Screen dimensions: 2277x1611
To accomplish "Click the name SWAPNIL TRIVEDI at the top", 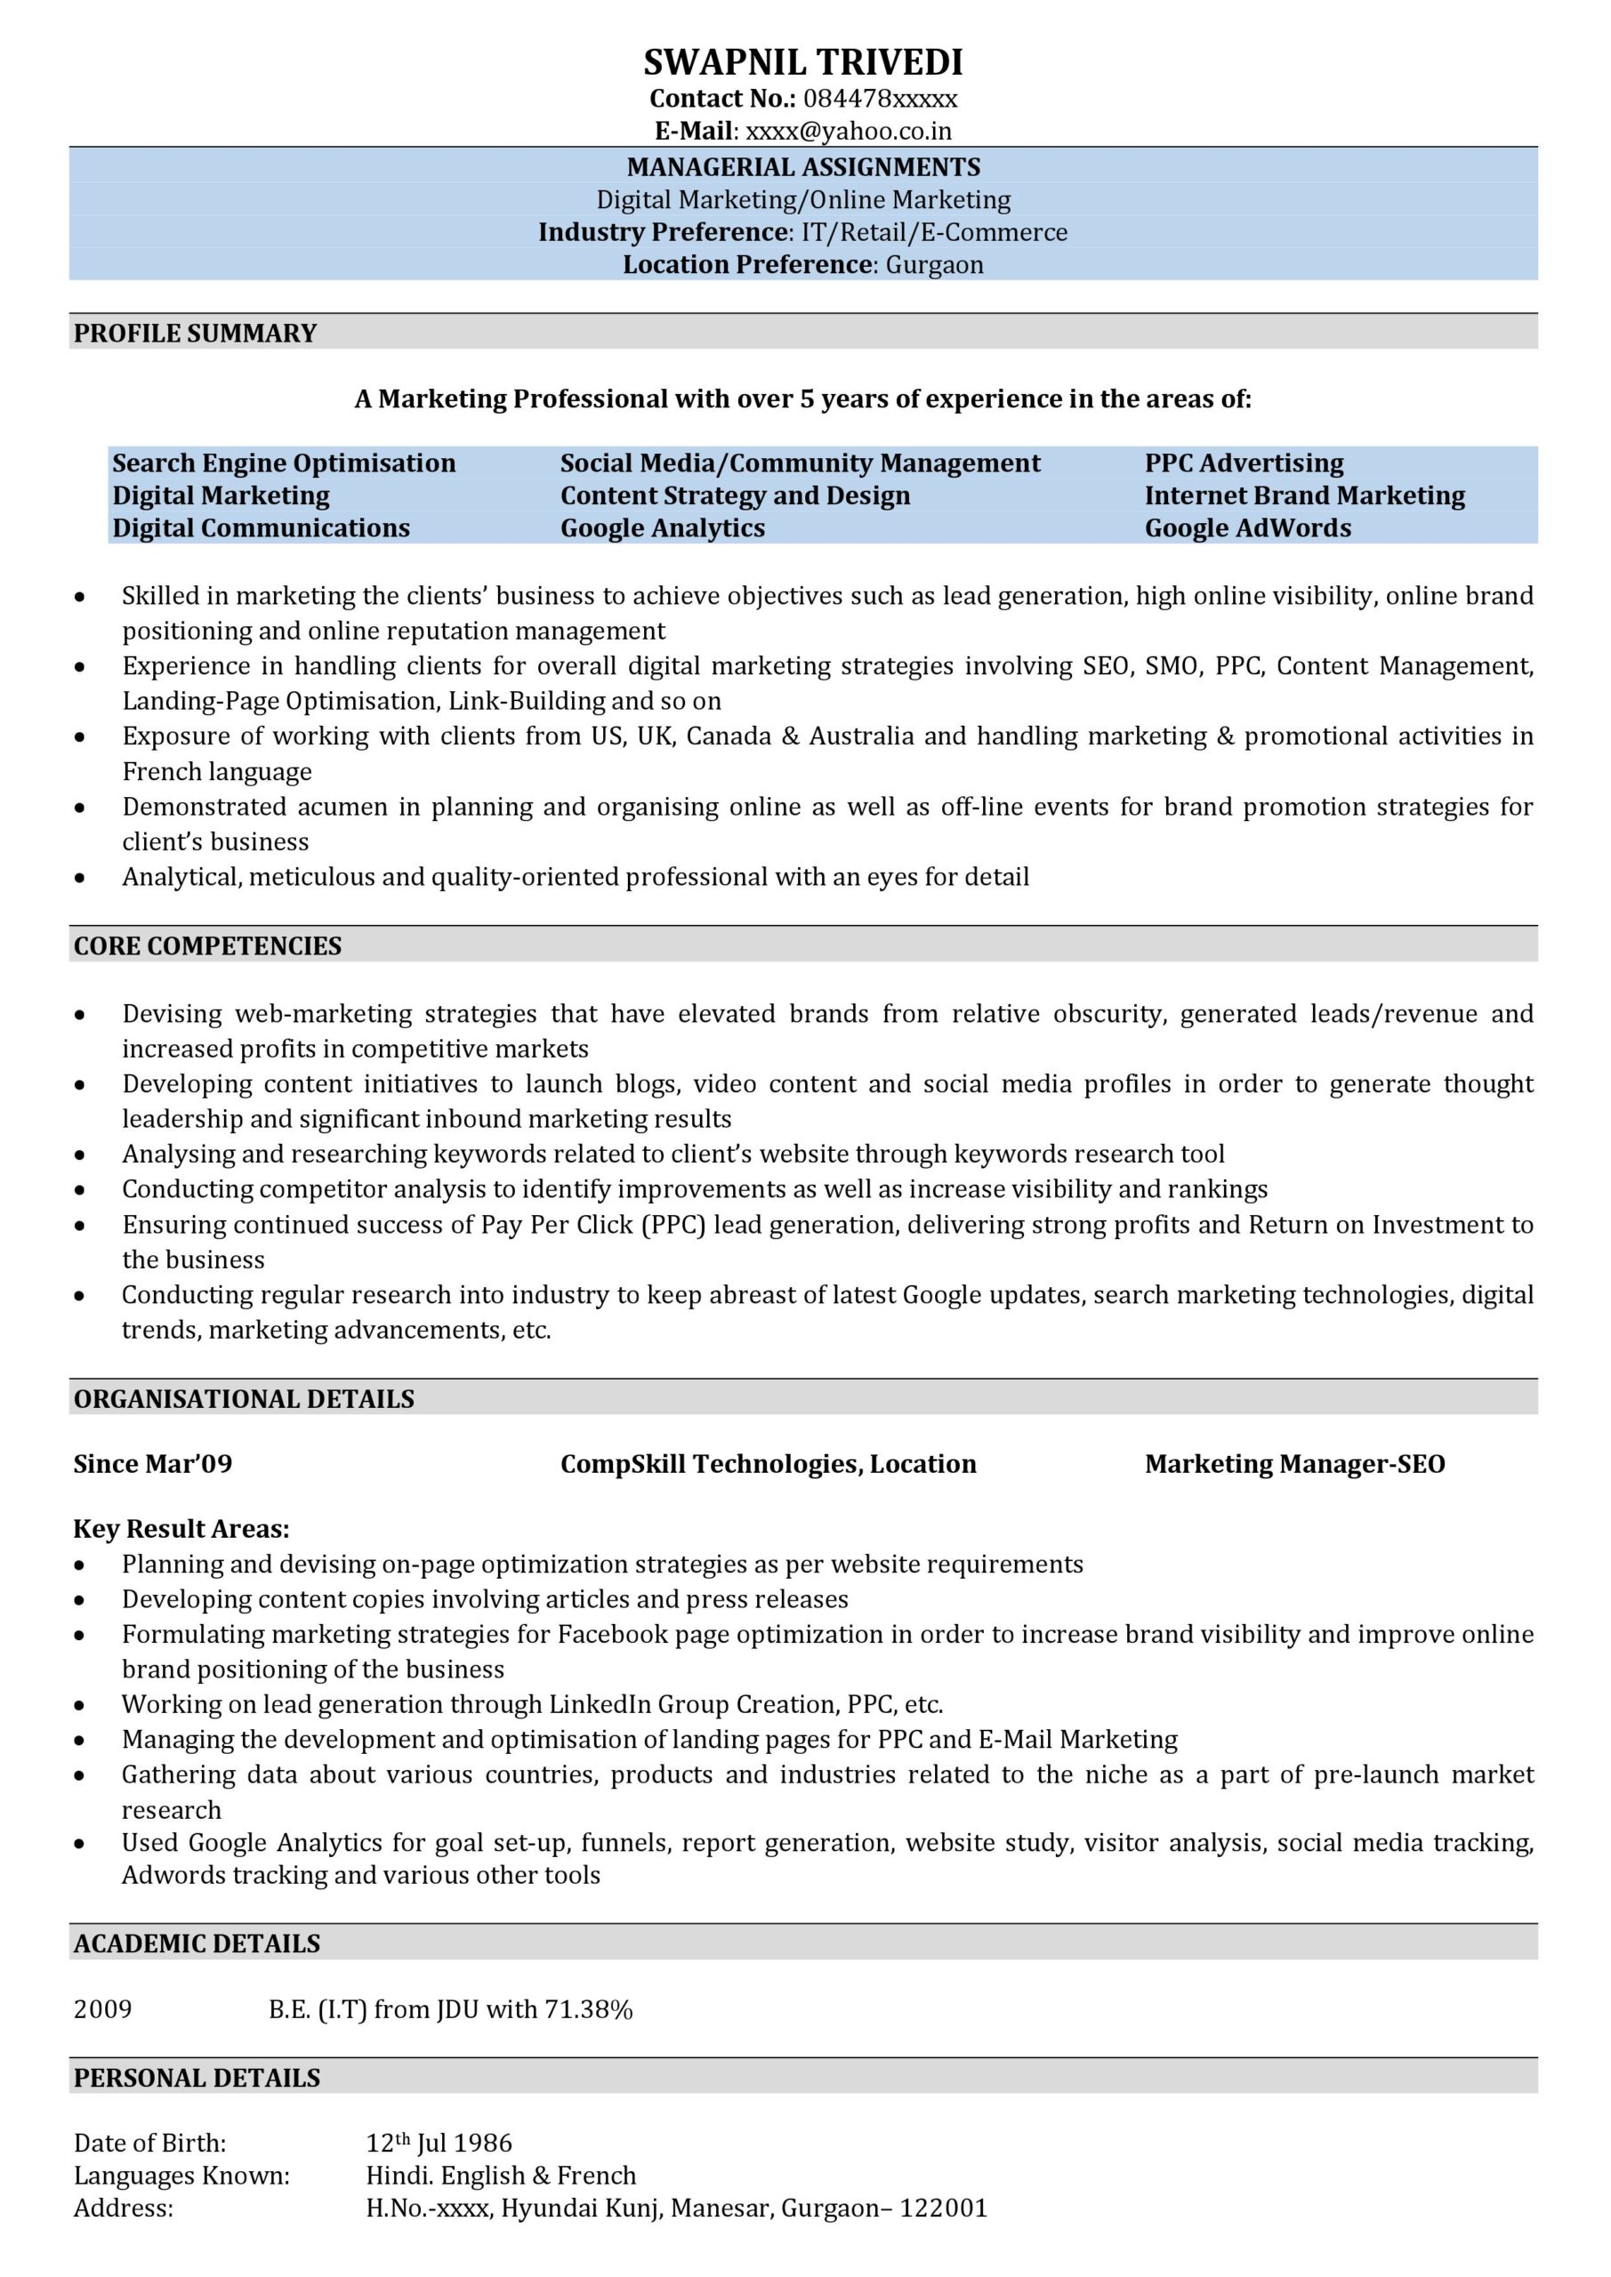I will click(802, 62).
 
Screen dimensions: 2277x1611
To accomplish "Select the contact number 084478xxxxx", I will click(880, 99).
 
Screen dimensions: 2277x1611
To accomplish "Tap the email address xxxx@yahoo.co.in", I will click(848, 131).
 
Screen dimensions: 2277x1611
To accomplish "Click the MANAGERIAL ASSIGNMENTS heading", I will click(802, 166).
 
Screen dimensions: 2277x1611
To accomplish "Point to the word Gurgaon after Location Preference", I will click(933, 265).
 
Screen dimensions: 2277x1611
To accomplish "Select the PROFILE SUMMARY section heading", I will click(196, 334).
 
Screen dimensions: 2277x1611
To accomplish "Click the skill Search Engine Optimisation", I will click(284, 463).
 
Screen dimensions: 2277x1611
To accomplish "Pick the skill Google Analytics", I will click(662, 527).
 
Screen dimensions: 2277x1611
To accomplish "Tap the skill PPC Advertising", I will click(1243, 463).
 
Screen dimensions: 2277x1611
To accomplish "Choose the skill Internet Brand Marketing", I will click(1303, 495).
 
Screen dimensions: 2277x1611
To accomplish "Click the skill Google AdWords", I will click(1247, 527).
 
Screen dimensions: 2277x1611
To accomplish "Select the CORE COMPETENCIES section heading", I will click(207, 946).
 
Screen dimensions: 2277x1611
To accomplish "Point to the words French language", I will click(216, 771).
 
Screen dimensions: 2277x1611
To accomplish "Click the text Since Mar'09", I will click(153, 1465).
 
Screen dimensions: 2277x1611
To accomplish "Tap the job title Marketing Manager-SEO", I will click(1293, 1465).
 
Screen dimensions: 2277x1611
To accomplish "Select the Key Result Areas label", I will click(181, 1529).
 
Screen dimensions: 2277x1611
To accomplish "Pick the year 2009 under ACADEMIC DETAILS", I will click(102, 2010).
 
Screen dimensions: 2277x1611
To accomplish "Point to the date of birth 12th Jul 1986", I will click(439, 2143).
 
